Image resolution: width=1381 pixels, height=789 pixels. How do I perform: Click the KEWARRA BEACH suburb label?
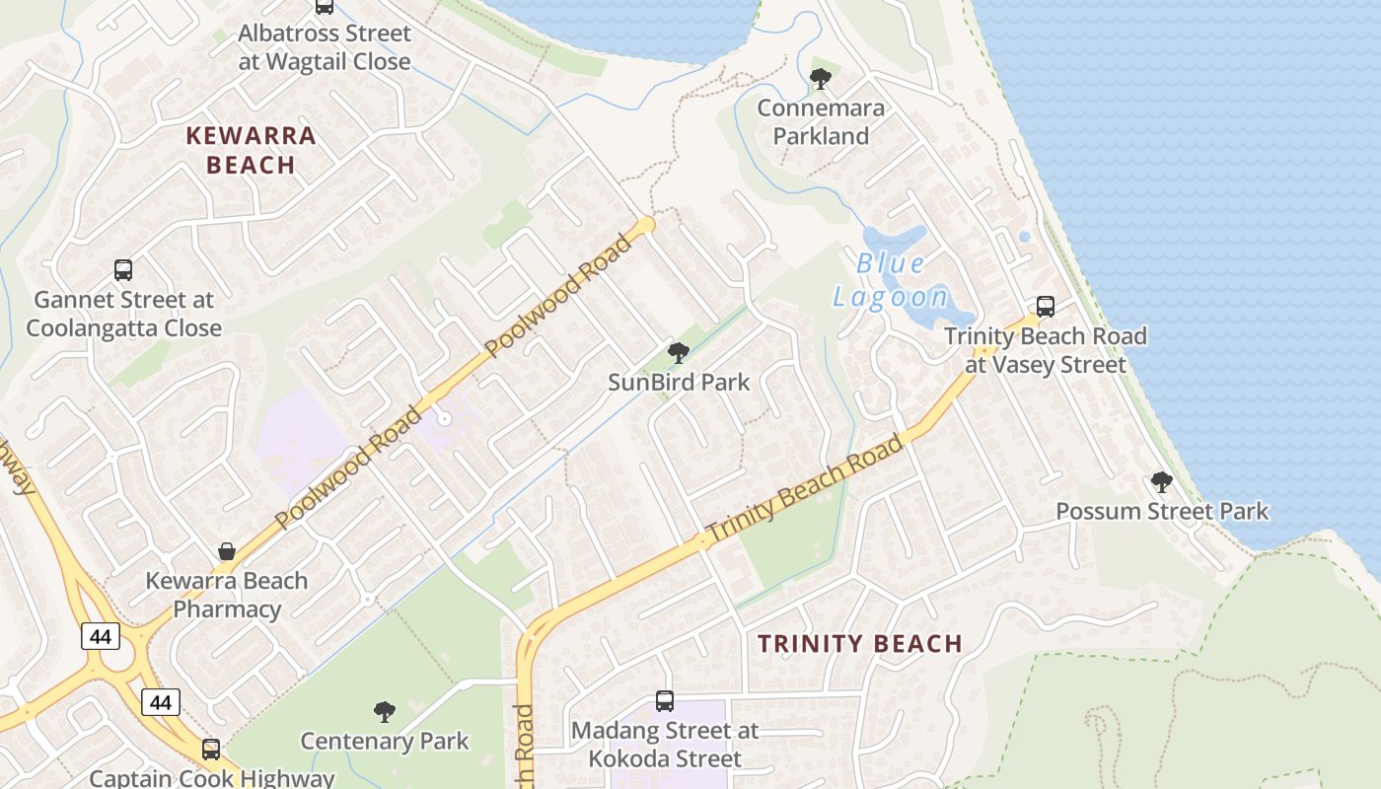pos(251,150)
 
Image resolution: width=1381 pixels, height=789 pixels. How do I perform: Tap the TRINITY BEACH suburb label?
pos(859,644)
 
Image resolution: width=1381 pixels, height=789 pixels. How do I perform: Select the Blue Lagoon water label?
pos(890,279)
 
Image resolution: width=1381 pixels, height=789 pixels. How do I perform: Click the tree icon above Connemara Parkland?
pos(820,79)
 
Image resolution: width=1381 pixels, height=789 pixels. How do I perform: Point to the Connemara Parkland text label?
pos(821,121)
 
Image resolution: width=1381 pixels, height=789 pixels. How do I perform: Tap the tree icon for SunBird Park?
pos(678,352)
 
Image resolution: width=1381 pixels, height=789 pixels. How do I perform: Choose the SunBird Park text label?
pos(679,382)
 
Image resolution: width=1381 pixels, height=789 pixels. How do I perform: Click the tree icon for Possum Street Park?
pos(1162,482)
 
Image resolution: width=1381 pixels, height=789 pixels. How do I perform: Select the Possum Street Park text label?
pos(1162,511)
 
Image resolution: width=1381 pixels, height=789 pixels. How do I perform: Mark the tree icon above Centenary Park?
pos(385,711)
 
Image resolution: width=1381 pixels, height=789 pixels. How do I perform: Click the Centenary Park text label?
pos(385,741)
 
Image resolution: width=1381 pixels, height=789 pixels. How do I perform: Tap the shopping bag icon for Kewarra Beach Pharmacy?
pos(227,550)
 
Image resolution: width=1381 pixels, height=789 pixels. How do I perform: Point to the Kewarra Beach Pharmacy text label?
pos(227,595)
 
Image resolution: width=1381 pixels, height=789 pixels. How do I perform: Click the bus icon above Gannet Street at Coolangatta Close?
pos(123,269)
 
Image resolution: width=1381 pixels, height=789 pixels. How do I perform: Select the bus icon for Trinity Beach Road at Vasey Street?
pos(1046,307)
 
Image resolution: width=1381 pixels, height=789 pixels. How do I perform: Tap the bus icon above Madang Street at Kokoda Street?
pos(665,701)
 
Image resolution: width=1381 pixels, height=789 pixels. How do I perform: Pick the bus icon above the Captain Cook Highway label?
pos(211,749)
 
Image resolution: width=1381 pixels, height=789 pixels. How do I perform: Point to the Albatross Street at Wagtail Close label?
pos(325,47)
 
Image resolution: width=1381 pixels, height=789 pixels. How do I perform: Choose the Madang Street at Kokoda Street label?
pos(665,745)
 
